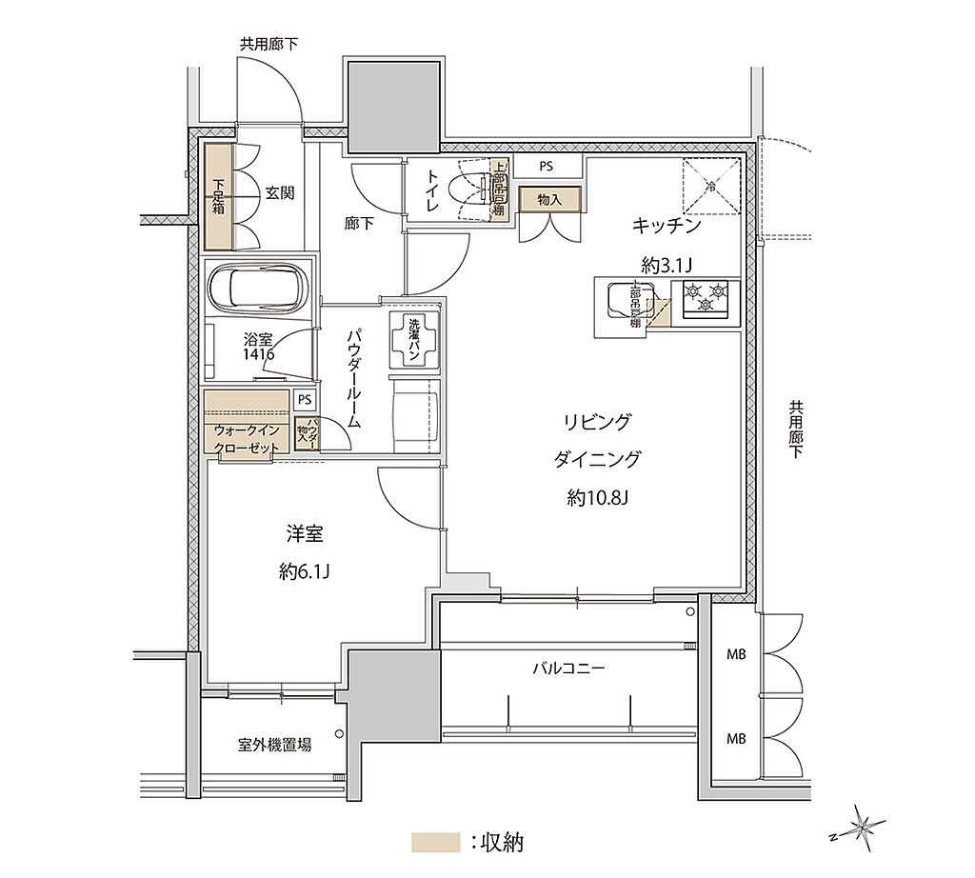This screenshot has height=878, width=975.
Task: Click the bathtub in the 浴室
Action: click(254, 288)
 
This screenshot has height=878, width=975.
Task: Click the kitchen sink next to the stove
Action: click(616, 302)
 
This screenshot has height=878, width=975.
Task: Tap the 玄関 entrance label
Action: click(279, 193)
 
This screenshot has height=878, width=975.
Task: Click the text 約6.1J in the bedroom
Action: click(305, 570)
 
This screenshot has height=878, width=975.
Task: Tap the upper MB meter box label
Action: click(736, 654)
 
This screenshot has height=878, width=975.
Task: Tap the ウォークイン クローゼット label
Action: click(246, 439)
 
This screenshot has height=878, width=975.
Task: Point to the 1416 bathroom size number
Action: click(258, 354)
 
